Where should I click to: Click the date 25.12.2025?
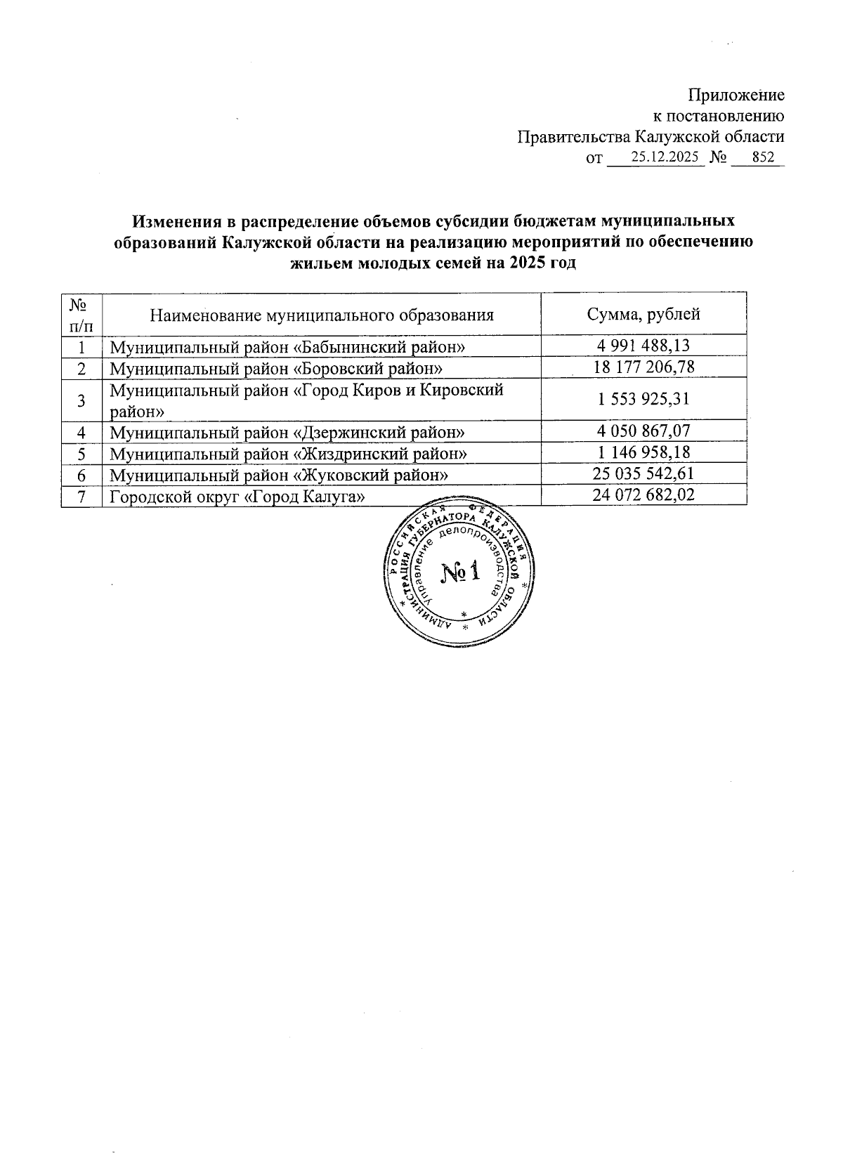click(x=665, y=158)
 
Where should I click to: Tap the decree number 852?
click(x=763, y=158)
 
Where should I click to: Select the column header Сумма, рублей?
click(x=643, y=314)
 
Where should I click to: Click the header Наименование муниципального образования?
click(x=322, y=315)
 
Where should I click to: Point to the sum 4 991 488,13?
click(x=643, y=346)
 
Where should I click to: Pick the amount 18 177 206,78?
click(x=643, y=367)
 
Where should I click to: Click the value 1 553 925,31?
click(x=643, y=400)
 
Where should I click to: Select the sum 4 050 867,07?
click(x=643, y=431)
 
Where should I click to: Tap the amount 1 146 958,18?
click(x=643, y=453)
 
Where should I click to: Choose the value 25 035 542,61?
click(x=643, y=474)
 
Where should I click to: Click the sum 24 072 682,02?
click(x=643, y=495)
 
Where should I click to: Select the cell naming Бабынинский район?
click(x=288, y=347)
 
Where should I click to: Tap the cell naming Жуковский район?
click(x=279, y=476)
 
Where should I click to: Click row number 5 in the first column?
click(x=81, y=454)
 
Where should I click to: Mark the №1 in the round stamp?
click(x=460, y=572)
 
